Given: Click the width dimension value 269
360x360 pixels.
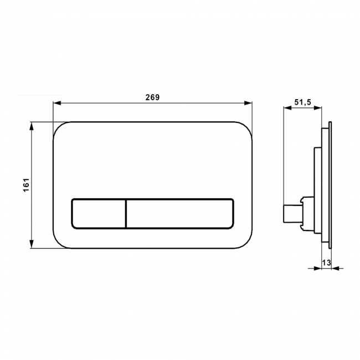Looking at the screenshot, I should [x=152, y=97].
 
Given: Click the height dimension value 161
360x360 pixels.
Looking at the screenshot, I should [x=26, y=185].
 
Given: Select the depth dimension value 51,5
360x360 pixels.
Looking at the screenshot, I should [x=302, y=102].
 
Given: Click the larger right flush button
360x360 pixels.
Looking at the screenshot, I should [x=179, y=213].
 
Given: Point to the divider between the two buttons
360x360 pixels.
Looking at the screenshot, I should [x=126, y=213].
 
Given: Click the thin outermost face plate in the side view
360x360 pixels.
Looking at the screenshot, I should [x=330, y=186].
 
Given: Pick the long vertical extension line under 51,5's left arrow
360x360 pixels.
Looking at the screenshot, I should [x=284, y=161].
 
